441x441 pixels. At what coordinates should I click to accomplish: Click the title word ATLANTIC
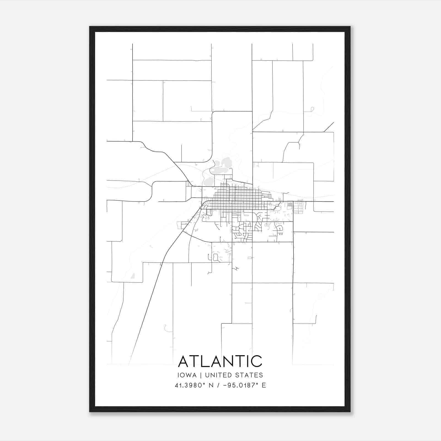pyautogui.click(x=220, y=361)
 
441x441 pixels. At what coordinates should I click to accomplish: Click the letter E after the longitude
pyautogui.click(x=264, y=385)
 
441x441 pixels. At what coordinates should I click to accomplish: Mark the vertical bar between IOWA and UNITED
pyautogui.click(x=201, y=375)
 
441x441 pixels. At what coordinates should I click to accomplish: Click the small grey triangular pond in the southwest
pyautogui.click(x=133, y=276)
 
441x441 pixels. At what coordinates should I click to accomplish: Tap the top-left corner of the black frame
pyautogui.click(x=90, y=27)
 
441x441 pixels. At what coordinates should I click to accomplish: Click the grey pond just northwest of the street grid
pyautogui.click(x=209, y=181)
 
